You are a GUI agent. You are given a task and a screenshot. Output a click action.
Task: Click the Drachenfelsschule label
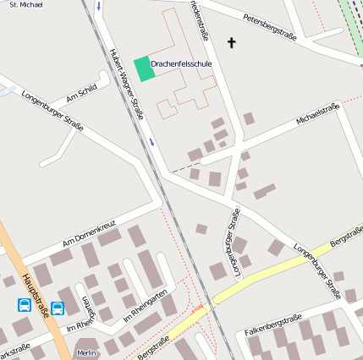click(x=181, y=64)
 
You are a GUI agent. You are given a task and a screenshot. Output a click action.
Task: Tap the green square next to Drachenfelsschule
click(x=145, y=68)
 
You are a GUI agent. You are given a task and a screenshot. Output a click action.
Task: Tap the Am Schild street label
click(x=82, y=93)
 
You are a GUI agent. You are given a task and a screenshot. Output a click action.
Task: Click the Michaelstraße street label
click(x=317, y=114)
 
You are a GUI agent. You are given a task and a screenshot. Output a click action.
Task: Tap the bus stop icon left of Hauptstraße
click(x=25, y=304)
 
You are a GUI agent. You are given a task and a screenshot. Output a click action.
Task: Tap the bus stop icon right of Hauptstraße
click(x=58, y=308)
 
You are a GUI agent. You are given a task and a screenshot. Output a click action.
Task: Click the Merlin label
click(x=86, y=352)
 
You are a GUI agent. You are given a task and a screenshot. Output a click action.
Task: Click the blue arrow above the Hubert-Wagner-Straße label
click(x=98, y=7)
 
